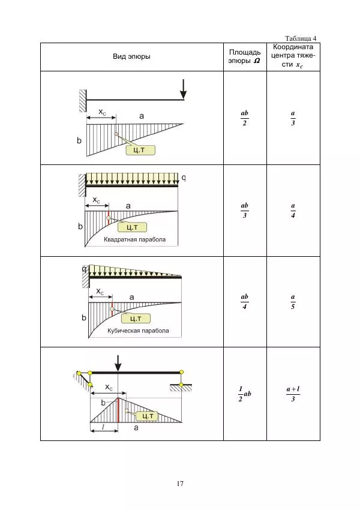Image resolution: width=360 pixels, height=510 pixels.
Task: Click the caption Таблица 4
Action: click(301, 38)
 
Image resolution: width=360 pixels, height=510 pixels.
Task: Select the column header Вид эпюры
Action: click(131, 56)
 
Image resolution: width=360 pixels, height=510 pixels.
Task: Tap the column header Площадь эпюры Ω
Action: click(245, 56)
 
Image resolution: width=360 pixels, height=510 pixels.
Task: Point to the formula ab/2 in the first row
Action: click(245, 118)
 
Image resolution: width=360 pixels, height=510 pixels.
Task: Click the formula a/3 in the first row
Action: click(293, 118)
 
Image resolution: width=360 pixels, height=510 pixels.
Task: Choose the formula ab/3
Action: click(245, 211)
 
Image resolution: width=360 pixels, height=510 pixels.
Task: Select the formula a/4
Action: click(293, 211)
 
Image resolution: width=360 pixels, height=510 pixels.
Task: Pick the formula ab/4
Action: click(245, 302)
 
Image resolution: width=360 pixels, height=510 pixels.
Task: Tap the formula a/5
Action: click(293, 302)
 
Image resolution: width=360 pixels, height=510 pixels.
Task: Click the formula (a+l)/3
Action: click(293, 394)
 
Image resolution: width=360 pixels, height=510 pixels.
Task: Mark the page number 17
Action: click(180, 484)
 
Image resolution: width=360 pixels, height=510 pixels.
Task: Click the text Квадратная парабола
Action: click(134, 239)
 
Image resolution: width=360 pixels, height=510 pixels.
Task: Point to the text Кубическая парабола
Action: click(138, 331)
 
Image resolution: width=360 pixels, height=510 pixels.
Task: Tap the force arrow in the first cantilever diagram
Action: click(184, 89)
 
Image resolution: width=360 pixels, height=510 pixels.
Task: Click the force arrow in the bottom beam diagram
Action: click(118, 363)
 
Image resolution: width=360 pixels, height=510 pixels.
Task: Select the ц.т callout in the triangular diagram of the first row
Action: click(140, 150)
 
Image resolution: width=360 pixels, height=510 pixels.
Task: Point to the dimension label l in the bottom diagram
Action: click(103, 427)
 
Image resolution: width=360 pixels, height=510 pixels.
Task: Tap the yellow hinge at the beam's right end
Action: click(181, 372)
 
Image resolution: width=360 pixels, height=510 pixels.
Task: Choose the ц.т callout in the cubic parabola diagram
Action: click(136, 319)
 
